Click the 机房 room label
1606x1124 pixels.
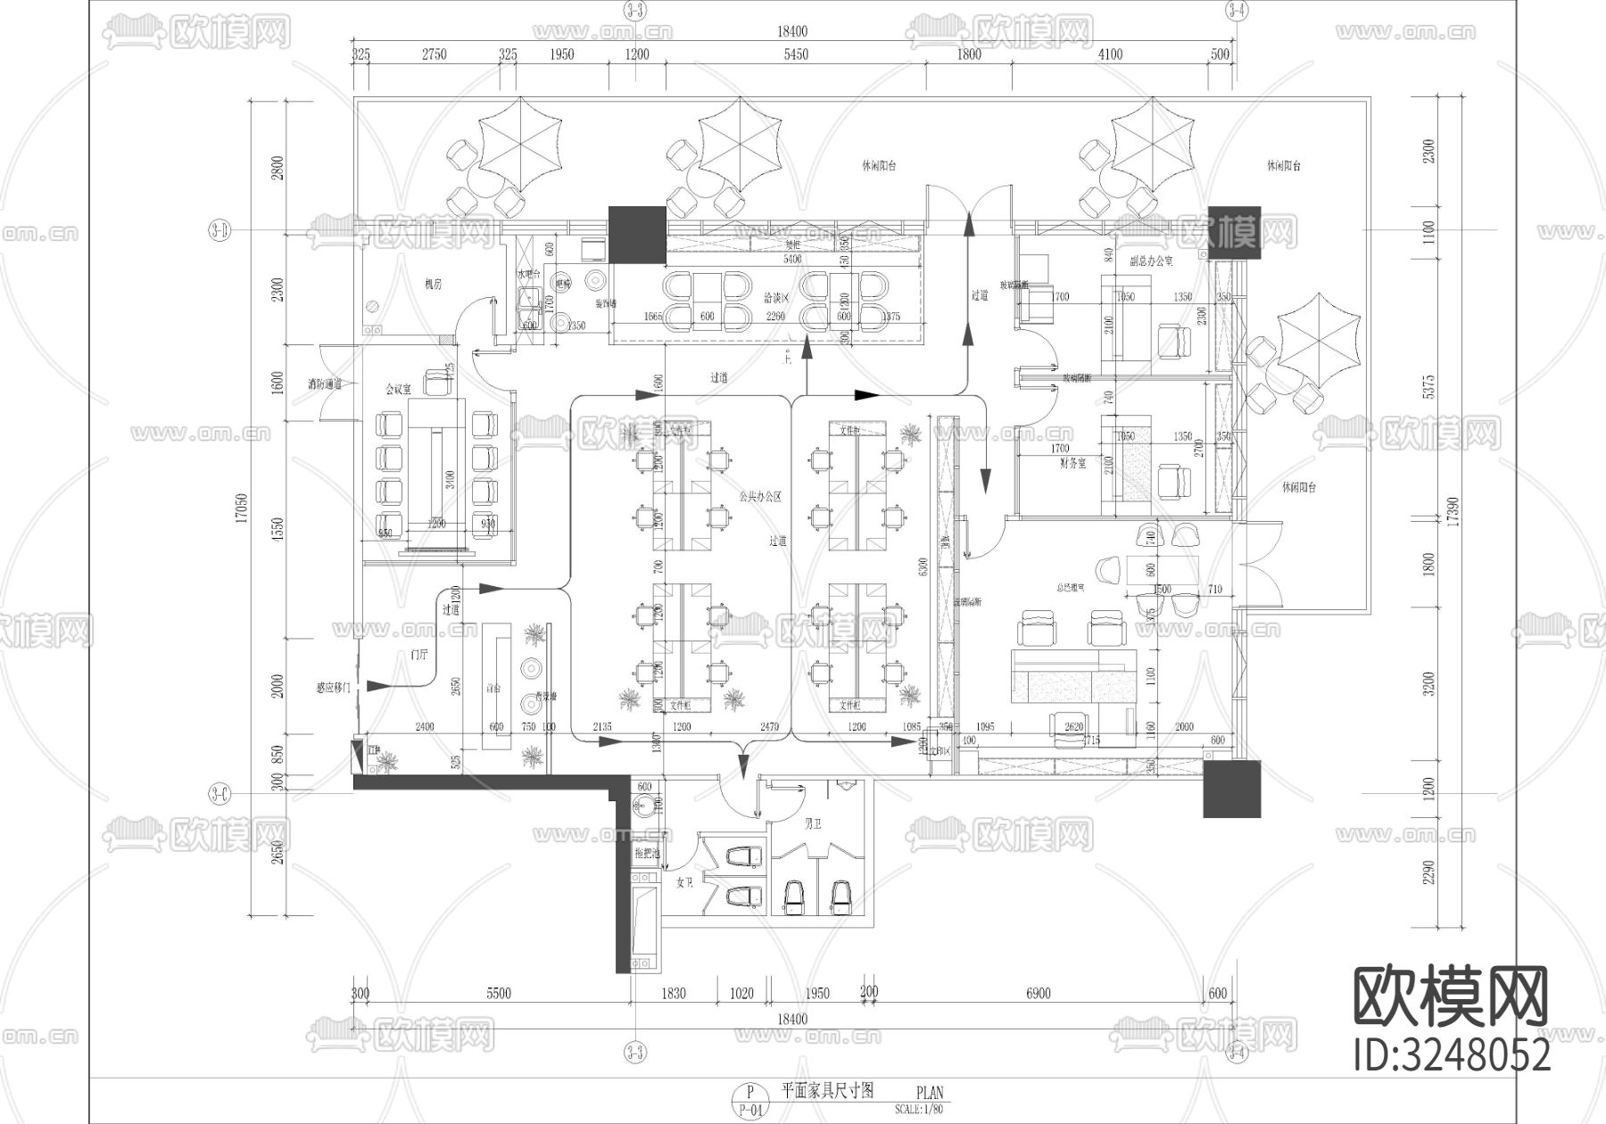point(434,285)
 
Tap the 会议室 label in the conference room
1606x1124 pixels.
point(398,389)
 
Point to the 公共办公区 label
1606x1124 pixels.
point(760,497)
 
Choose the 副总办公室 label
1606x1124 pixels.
point(1151,261)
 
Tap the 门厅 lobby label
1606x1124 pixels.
point(418,655)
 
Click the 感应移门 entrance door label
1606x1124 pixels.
point(335,688)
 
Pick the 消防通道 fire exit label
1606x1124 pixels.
point(326,384)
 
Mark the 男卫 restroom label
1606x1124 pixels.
point(813,822)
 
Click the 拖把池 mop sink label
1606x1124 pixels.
point(647,853)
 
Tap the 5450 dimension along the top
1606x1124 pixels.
point(795,54)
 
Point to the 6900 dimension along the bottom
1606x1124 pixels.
point(1039,993)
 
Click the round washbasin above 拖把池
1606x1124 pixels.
point(644,806)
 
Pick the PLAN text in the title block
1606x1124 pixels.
point(929,1092)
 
